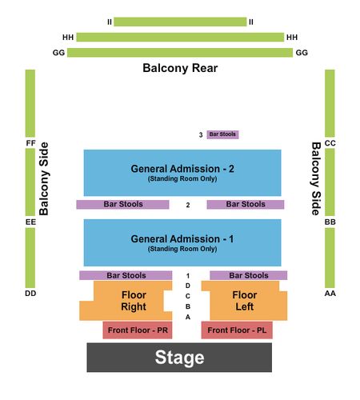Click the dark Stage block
(179, 357)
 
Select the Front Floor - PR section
(138, 330)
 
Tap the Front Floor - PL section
(237, 330)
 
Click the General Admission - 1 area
(182, 242)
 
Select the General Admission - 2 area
(182, 173)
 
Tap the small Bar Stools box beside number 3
(222, 134)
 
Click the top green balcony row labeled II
(180, 22)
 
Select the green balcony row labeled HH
(180, 37)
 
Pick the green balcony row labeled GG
(180, 53)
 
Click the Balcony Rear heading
(180, 68)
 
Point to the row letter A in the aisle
(188, 317)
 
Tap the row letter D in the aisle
(188, 286)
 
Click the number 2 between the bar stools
(188, 205)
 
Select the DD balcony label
(30, 294)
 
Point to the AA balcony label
(330, 294)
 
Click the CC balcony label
(330, 143)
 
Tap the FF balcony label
(30, 143)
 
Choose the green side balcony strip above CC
(330, 103)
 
